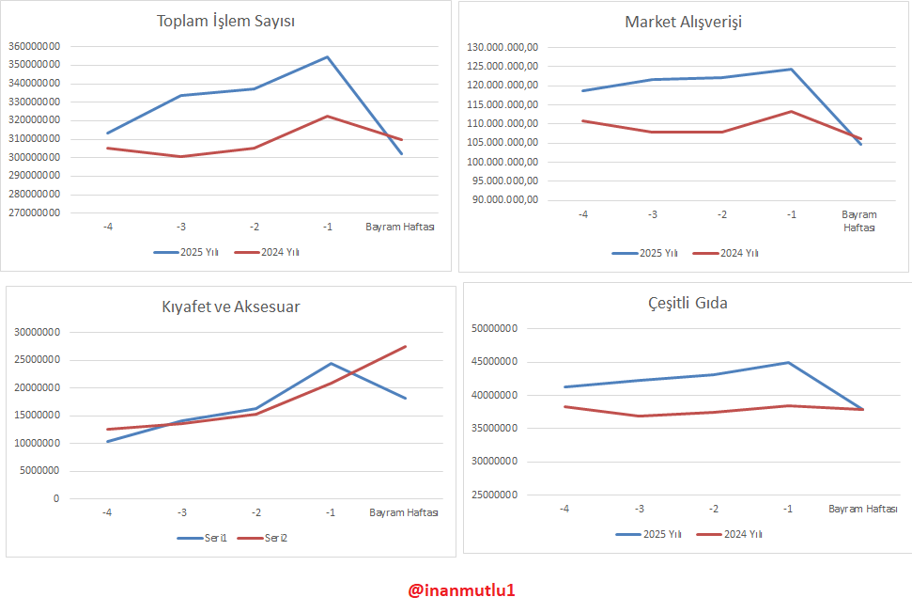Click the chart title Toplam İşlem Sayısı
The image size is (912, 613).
[226, 22]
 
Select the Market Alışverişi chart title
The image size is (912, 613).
[683, 22]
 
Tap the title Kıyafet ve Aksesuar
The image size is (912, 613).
[231, 306]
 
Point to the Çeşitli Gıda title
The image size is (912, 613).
[688, 303]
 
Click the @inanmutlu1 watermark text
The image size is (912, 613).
[461, 590]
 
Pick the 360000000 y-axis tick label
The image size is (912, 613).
[35, 46]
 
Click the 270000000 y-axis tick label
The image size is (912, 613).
[35, 212]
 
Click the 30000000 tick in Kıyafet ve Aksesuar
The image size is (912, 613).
[39, 332]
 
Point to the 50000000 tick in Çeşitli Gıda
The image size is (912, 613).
[495, 328]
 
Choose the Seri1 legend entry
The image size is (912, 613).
[203, 538]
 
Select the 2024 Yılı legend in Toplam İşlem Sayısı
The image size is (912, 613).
[267, 252]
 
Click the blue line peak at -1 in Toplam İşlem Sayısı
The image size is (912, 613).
[328, 57]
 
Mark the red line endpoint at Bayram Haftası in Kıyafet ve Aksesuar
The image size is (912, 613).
[406, 347]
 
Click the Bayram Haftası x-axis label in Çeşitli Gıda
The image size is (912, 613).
[862, 509]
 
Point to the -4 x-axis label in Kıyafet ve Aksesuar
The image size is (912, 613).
[107, 512]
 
